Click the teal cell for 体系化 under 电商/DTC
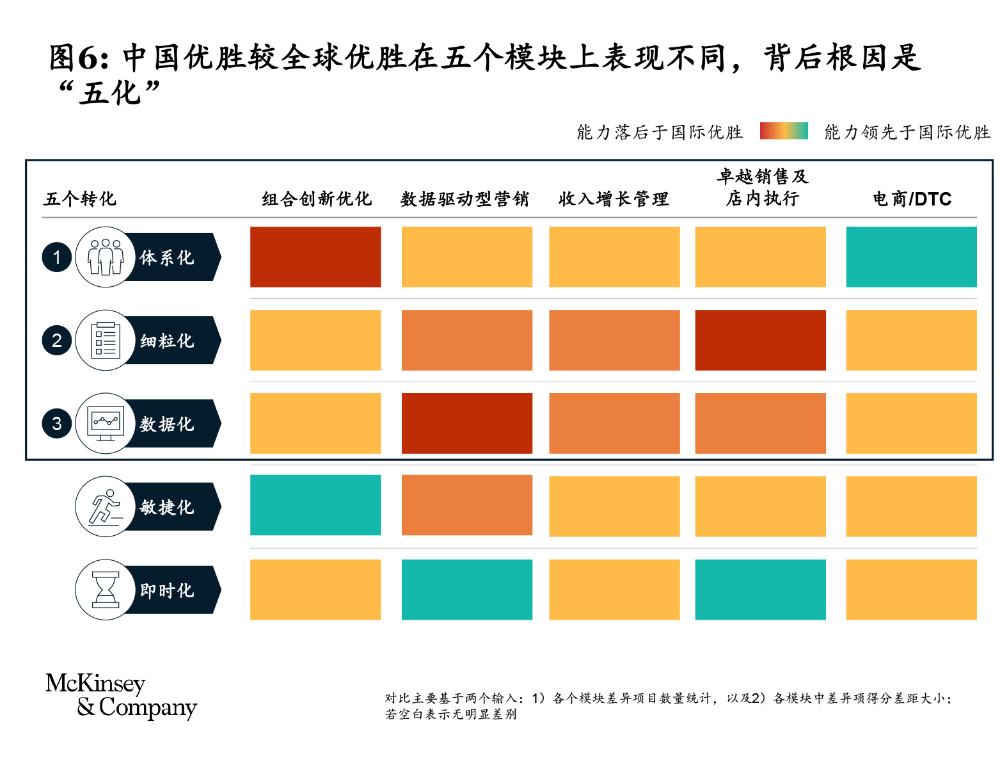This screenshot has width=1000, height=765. click(x=911, y=257)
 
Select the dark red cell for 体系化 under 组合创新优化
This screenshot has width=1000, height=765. click(x=315, y=257)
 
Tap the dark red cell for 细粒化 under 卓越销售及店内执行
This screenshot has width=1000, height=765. click(x=760, y=340)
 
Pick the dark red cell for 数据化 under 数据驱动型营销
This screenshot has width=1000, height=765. click(x=466, y=423)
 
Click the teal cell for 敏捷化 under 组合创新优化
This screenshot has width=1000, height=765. click(x=315, y=505)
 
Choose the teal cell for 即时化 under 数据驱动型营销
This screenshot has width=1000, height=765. click(x=466, y=590)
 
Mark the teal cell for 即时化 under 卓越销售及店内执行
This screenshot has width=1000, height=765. click(x=760, y=590)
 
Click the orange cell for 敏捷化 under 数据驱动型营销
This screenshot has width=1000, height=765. click(x=466, y=505)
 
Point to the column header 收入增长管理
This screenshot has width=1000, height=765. click(x=614, y=199)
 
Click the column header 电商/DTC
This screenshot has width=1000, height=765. click(x=912, y=199)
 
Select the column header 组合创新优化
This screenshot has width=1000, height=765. click(x=317, y=199)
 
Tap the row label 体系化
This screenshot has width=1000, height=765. click(x=167, y=257)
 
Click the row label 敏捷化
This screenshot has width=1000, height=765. click(x=167, y=507)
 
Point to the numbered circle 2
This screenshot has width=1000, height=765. click(x=57, y=340)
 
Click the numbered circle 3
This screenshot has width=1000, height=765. click(x=57, y=423)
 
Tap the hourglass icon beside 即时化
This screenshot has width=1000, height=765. click(x=106, y=590)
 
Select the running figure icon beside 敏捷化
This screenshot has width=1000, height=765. click(x=106, y=506)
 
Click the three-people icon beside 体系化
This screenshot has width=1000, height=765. click(x=106, y=257)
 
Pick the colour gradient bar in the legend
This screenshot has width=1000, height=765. click(x=784, y=131)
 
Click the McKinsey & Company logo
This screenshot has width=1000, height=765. click(x=121, y=695)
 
